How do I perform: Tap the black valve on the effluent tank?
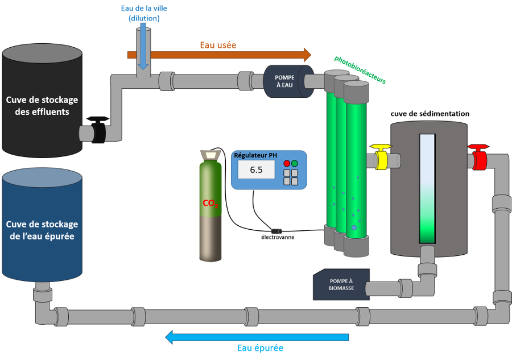pyautogui.click(x=98, y=131)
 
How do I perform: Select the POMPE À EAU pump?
pyautogui.click(x=284, y=81)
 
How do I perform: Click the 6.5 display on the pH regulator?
pyautogui.click(x=256, y=169)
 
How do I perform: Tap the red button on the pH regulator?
pyautogui.click(x=287, y=163)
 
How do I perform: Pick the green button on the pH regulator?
pyautogui.click(x=295, y=163)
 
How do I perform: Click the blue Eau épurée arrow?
pyautogui.click(x=257, y=337)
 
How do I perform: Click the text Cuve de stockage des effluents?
pyautogui.click(x=42, y=106)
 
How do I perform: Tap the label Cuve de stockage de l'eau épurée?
pyautogui.click(x=42, y=230)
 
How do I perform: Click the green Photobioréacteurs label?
pyautogui.click(x=360, y=69)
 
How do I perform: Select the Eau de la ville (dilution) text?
pyautogui.click(x=143, y=13)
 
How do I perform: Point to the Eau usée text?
pyautogui.click(x=218, y=45)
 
